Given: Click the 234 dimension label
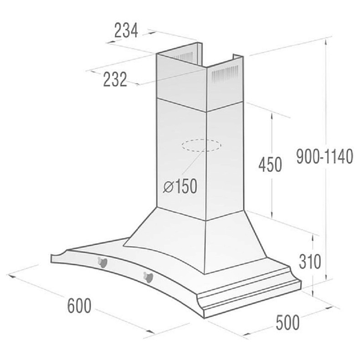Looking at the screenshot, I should tap(125, 31).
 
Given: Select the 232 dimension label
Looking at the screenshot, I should tap(114, 80).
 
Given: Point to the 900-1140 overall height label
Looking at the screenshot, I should tap(324, 157).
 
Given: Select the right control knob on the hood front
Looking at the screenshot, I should tap(148, 276).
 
